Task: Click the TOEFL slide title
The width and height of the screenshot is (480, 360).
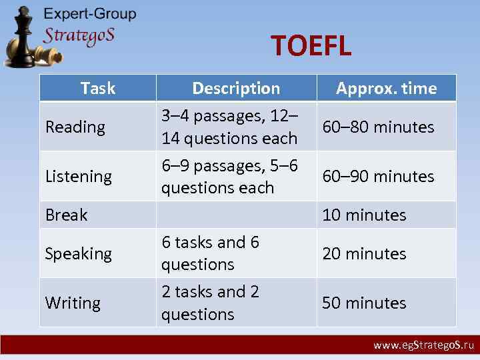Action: point(311,47)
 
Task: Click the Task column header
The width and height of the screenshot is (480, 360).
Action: point(97,88)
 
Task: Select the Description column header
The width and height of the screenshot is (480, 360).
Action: point(236,88)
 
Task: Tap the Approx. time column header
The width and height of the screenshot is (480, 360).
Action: point(386,88)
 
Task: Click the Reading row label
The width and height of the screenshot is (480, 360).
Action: point(75,127)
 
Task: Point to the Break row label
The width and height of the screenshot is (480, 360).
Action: point(66,215)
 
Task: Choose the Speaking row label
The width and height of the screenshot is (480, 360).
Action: point(79,253)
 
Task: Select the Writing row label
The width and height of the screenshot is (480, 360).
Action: point(73,303)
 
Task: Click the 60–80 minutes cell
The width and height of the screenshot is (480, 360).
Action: point(378,127)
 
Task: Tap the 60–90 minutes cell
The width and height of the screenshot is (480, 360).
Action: point(378,176)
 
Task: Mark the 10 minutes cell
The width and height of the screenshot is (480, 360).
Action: point(364,215)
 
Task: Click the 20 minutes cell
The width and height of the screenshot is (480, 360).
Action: point(364,253)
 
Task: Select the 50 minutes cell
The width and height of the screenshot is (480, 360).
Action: point(364,303)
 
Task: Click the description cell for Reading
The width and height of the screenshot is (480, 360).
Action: point(229,127)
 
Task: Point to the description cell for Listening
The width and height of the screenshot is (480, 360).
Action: point(229,176)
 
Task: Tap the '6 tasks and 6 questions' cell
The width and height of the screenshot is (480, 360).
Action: point(210,253)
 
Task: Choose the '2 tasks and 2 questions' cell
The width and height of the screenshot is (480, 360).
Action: point(210,303)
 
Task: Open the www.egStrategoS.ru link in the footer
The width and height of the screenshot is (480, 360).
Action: point(423,345)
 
